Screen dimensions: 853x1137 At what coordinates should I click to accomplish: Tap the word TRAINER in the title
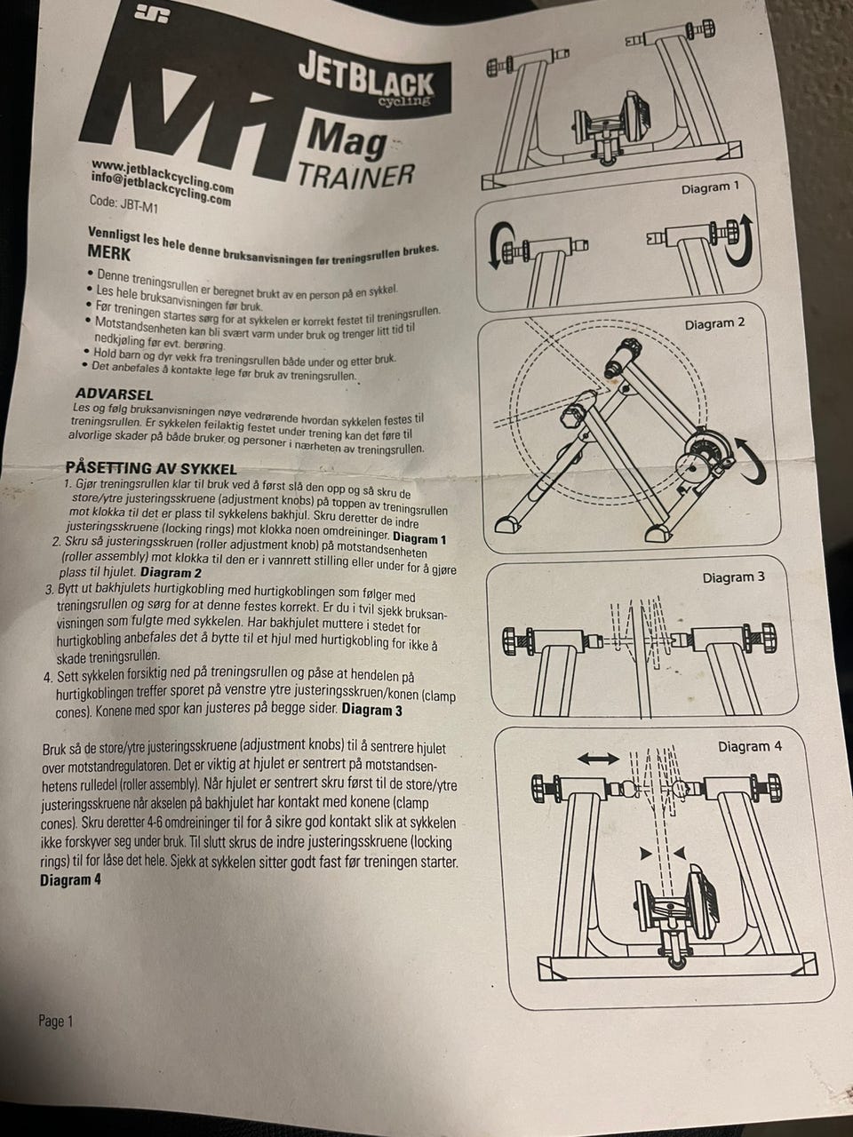(x=355, y=175)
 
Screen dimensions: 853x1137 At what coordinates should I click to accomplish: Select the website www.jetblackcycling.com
(x=163, y=176)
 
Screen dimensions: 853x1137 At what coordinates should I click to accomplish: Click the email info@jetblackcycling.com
(x=161, y=189)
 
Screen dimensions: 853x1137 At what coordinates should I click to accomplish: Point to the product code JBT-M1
(x=124, y=204)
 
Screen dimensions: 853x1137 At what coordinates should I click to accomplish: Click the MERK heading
(x=109, y=252)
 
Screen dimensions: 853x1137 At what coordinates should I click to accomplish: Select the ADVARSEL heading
(x=114, y=394)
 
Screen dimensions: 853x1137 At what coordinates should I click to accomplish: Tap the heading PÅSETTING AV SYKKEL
(x=151, y=468)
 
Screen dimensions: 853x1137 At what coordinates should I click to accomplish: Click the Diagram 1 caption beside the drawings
(x=710, y=187)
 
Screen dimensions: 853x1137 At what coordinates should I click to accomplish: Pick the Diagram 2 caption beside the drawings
(x=714, y=323)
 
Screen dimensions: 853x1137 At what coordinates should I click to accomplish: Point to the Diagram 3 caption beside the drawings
(x=733, y=577)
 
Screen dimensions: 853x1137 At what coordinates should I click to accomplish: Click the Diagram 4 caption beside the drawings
(x=750, y=746)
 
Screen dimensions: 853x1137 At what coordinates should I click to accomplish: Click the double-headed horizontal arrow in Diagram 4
(x=598, y=759)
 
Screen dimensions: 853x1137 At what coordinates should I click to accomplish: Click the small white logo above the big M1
(x=151, y=15)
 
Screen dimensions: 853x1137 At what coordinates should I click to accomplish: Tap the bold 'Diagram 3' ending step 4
(x=371, y=710)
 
